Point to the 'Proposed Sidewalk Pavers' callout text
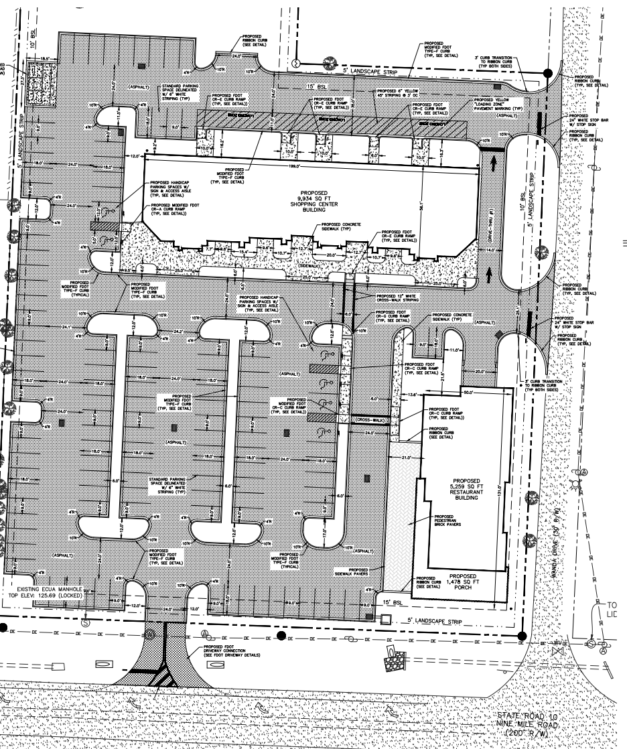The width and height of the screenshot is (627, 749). pyautogui.click(x=351, y=571)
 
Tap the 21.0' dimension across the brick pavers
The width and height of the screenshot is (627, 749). pyautogui.click(x=405, y=457)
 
